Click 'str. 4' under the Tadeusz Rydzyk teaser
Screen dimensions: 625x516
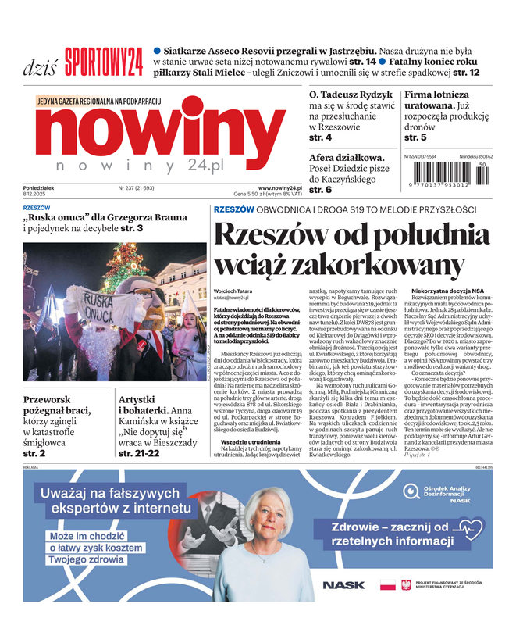click(320, 138)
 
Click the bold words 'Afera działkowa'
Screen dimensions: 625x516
click(343, 155)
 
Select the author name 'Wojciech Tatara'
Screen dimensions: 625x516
click(233, 289)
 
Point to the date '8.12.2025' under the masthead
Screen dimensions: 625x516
click(37, 195)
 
